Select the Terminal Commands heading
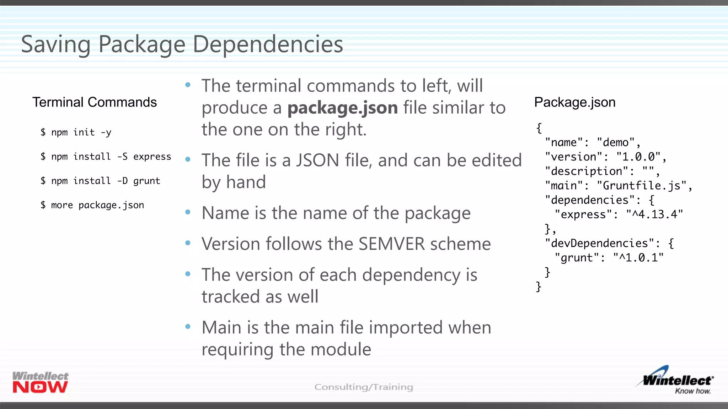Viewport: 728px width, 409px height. click(95, 102)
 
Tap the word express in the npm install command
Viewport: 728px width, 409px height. click(152, 157)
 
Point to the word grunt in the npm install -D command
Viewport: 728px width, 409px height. click(146, 181)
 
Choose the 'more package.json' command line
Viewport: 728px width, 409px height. click(92, 205)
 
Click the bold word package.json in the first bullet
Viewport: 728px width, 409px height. click(342, 108)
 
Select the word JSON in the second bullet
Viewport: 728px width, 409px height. click(317, 160)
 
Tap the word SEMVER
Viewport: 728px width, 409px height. click(391, 244)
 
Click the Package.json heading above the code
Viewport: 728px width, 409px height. click(575, 102)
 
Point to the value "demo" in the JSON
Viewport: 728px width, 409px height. click(616, 142)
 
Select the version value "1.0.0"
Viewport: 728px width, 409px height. click(638, 157)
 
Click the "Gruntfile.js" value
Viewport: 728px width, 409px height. click(642, 186)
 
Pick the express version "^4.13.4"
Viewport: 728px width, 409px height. click(654, 214)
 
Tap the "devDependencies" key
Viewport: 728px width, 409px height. click(599, 243)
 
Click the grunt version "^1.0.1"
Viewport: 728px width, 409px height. click(638, 258)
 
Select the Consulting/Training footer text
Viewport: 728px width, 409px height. click(364, 387)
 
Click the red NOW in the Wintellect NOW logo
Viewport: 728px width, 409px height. click(40, 387)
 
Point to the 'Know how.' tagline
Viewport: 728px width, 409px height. click(692, 391)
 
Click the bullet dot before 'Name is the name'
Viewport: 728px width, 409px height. click(188, 212)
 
